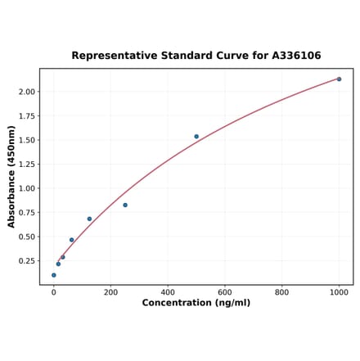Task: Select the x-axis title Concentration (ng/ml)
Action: click(196, 303)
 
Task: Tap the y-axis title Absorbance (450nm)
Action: click(11, 177)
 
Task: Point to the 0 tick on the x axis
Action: click(54, 291)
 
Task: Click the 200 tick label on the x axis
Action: click(110, 291)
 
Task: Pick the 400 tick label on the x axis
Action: click(168, 291)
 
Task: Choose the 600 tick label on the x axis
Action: click(225, 291)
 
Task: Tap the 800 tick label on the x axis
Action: click(281, 291)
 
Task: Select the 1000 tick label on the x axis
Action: click(339, 291)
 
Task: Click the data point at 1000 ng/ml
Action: click(339, 79)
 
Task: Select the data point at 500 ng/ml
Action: click(196, 137)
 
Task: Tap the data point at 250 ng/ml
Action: click(125, 205)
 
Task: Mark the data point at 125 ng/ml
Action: click(89, 219)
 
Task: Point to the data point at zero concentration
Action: click(54, 275)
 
